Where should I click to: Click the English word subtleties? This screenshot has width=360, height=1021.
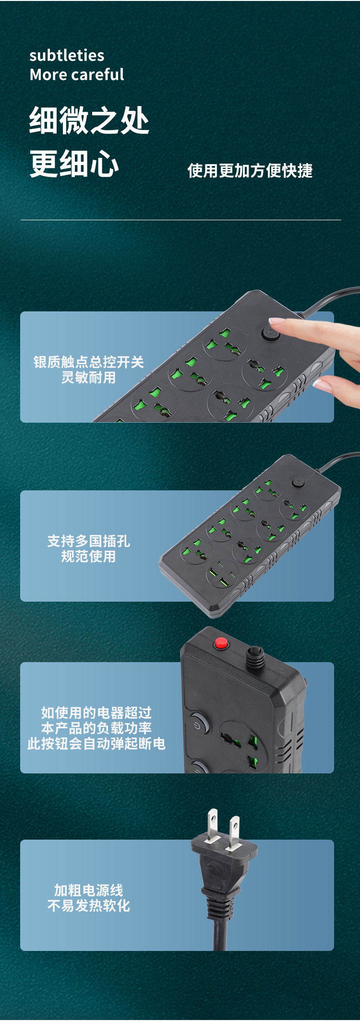click(x=67, y=56)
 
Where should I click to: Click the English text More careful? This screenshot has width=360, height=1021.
click(x=77, y=75)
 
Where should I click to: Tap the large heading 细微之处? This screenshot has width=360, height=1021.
click(x=89, y=120)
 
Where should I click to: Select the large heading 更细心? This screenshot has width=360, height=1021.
click(x=74, y=164)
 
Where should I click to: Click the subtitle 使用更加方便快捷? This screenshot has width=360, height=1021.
click(x=250, y=171)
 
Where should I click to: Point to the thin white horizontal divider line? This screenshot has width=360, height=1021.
click(x=180, y=220)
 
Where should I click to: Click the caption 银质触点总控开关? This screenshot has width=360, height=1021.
click(x=88, y=362)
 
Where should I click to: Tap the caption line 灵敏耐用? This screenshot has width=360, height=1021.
click(x=88, y=378)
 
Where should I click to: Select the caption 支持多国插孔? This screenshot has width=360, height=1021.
click(x=88, y=541)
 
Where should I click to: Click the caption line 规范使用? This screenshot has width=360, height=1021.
click(x=88, y=557)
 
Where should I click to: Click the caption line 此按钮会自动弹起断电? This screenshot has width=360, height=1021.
click(x=96, y=744)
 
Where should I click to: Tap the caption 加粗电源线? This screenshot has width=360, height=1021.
click(x=88, y=890)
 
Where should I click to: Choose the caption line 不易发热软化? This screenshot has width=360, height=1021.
click(x=88, y=906)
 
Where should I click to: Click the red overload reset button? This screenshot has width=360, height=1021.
click(x=221, y=643)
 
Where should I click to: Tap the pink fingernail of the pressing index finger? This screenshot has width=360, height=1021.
click(x=277, y=321)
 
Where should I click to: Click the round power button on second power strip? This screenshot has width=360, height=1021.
click(x=298, y=482)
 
